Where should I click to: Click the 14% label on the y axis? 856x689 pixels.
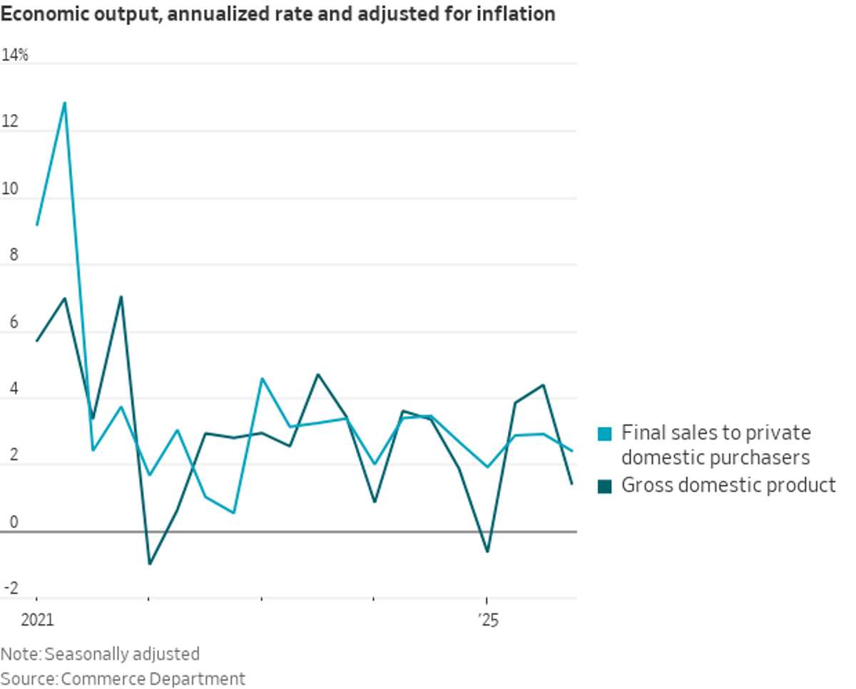(15, 55)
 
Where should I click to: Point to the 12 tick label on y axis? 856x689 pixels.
(9, 123)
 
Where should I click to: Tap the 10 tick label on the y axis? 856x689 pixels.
(9, 190)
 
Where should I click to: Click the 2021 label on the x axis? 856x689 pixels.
(37, 621)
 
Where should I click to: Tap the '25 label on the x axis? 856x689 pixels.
(488, 621)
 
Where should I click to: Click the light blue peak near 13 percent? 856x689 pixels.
(65, 103)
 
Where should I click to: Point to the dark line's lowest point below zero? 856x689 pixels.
(149, 564)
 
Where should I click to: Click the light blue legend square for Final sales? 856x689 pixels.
(605, 432)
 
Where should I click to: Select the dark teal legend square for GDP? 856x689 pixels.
(605, 486)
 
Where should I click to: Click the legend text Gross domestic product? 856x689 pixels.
(728, 485)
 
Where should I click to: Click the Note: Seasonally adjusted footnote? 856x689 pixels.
(100, 654)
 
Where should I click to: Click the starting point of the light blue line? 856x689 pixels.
(37, 225)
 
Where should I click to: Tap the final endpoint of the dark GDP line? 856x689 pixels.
(572, 484)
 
